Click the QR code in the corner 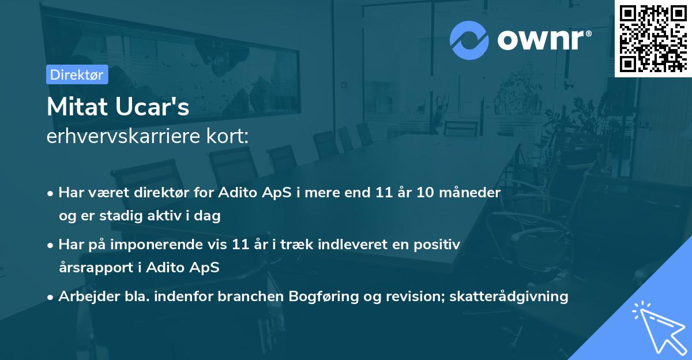coord(653,38)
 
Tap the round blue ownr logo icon coord(469,40)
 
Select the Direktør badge coord(77,74)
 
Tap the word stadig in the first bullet coord(126,216)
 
